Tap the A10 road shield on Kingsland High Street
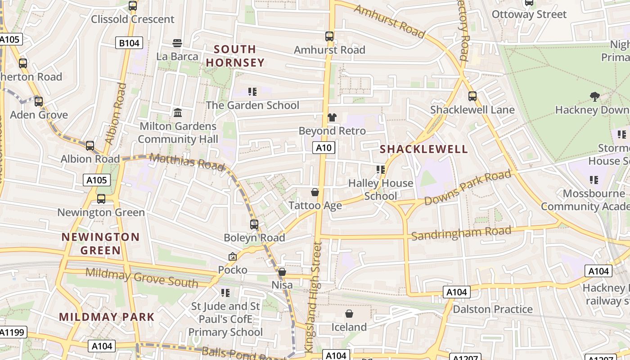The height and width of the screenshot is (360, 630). tap(324, 148)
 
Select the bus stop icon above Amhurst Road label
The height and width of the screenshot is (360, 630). tap(329, 36)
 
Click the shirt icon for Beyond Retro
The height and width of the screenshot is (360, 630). tap(332, 117)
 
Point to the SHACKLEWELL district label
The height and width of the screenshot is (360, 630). tap(424, 149)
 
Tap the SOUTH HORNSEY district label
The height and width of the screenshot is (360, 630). tap(235, 56)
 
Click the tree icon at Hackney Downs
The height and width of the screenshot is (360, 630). tap(594, 96)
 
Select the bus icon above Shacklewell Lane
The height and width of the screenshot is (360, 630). tap(472, 96)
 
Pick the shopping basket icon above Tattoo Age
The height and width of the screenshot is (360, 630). tap(315, 192)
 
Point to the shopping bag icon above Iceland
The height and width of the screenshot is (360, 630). tap(349, 314)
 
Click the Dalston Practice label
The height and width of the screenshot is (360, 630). tap(492, 309)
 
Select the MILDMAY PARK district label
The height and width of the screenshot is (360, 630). tap(107, 317)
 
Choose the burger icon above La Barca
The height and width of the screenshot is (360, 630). tap(177, 43)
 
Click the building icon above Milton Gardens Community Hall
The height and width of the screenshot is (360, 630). tap(178, 112)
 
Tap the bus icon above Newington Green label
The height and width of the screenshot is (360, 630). tap(101, 198)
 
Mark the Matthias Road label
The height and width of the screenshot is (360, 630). tap(187, 162)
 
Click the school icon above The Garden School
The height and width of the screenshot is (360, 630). tap(252, 92)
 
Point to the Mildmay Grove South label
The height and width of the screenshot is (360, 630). tap(142, 277)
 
